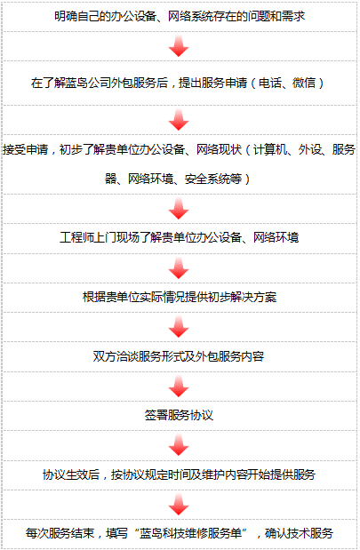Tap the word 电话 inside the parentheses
pyautogui.click(x=270, y=83)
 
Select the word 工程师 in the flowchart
pyautogui.click(x=76, y=237)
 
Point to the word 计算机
pyautogui.click(x=270, y=150)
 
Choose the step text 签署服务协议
pyautogui.click(x=179, y=415)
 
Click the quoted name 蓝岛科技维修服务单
pyautogui.click(x=190, y=533)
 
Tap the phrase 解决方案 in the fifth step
pyautogui.click(x=253, y=297)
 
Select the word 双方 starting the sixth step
pyautogui.click(x=104, y=356)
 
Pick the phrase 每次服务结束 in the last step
pyautogui.click(x=60, y=533)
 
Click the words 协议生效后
pyautogui.click(x=71, y=474)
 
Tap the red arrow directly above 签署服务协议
pyautogui.click(x=179, y=387)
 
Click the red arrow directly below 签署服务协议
pyautogui.click(x=179, y=445)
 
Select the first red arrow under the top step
pyautogui.click(x=179, y=45)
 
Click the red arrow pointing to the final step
pyautogui.click(x=179, y=505)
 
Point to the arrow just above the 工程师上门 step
pyautogui.click(x=179, y=208)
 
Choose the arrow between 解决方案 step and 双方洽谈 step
pyautogui.click(x=179, y=327)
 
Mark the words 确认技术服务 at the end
pyautogui.click(x=299, y=533)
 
